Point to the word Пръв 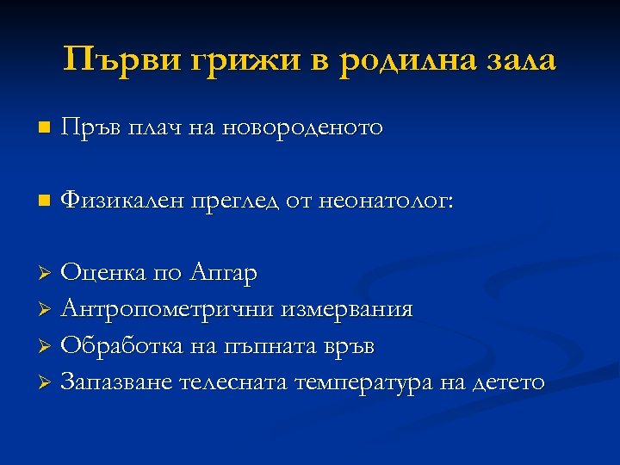point(93,128)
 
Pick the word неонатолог point(387,201)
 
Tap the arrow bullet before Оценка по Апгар point(47,274)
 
